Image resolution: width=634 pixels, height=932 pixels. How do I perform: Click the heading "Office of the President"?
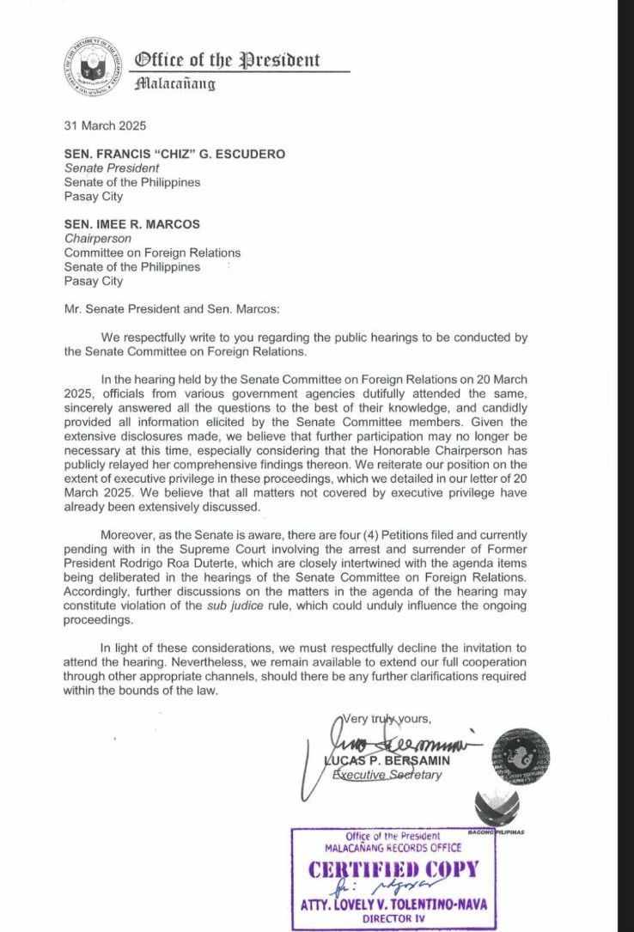click(x=227, y=60)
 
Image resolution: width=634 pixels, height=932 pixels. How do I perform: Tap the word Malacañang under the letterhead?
click(x=174, y=83)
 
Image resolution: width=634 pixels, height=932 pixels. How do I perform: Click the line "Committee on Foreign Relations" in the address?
click(x=152, y=253)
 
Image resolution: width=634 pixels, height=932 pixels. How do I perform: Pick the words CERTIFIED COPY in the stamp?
click(x=393, y=869)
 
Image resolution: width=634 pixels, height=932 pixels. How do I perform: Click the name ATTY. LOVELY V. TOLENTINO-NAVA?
click(x=396, y=905)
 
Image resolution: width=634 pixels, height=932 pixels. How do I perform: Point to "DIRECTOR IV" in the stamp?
click(x=395, y=918)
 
